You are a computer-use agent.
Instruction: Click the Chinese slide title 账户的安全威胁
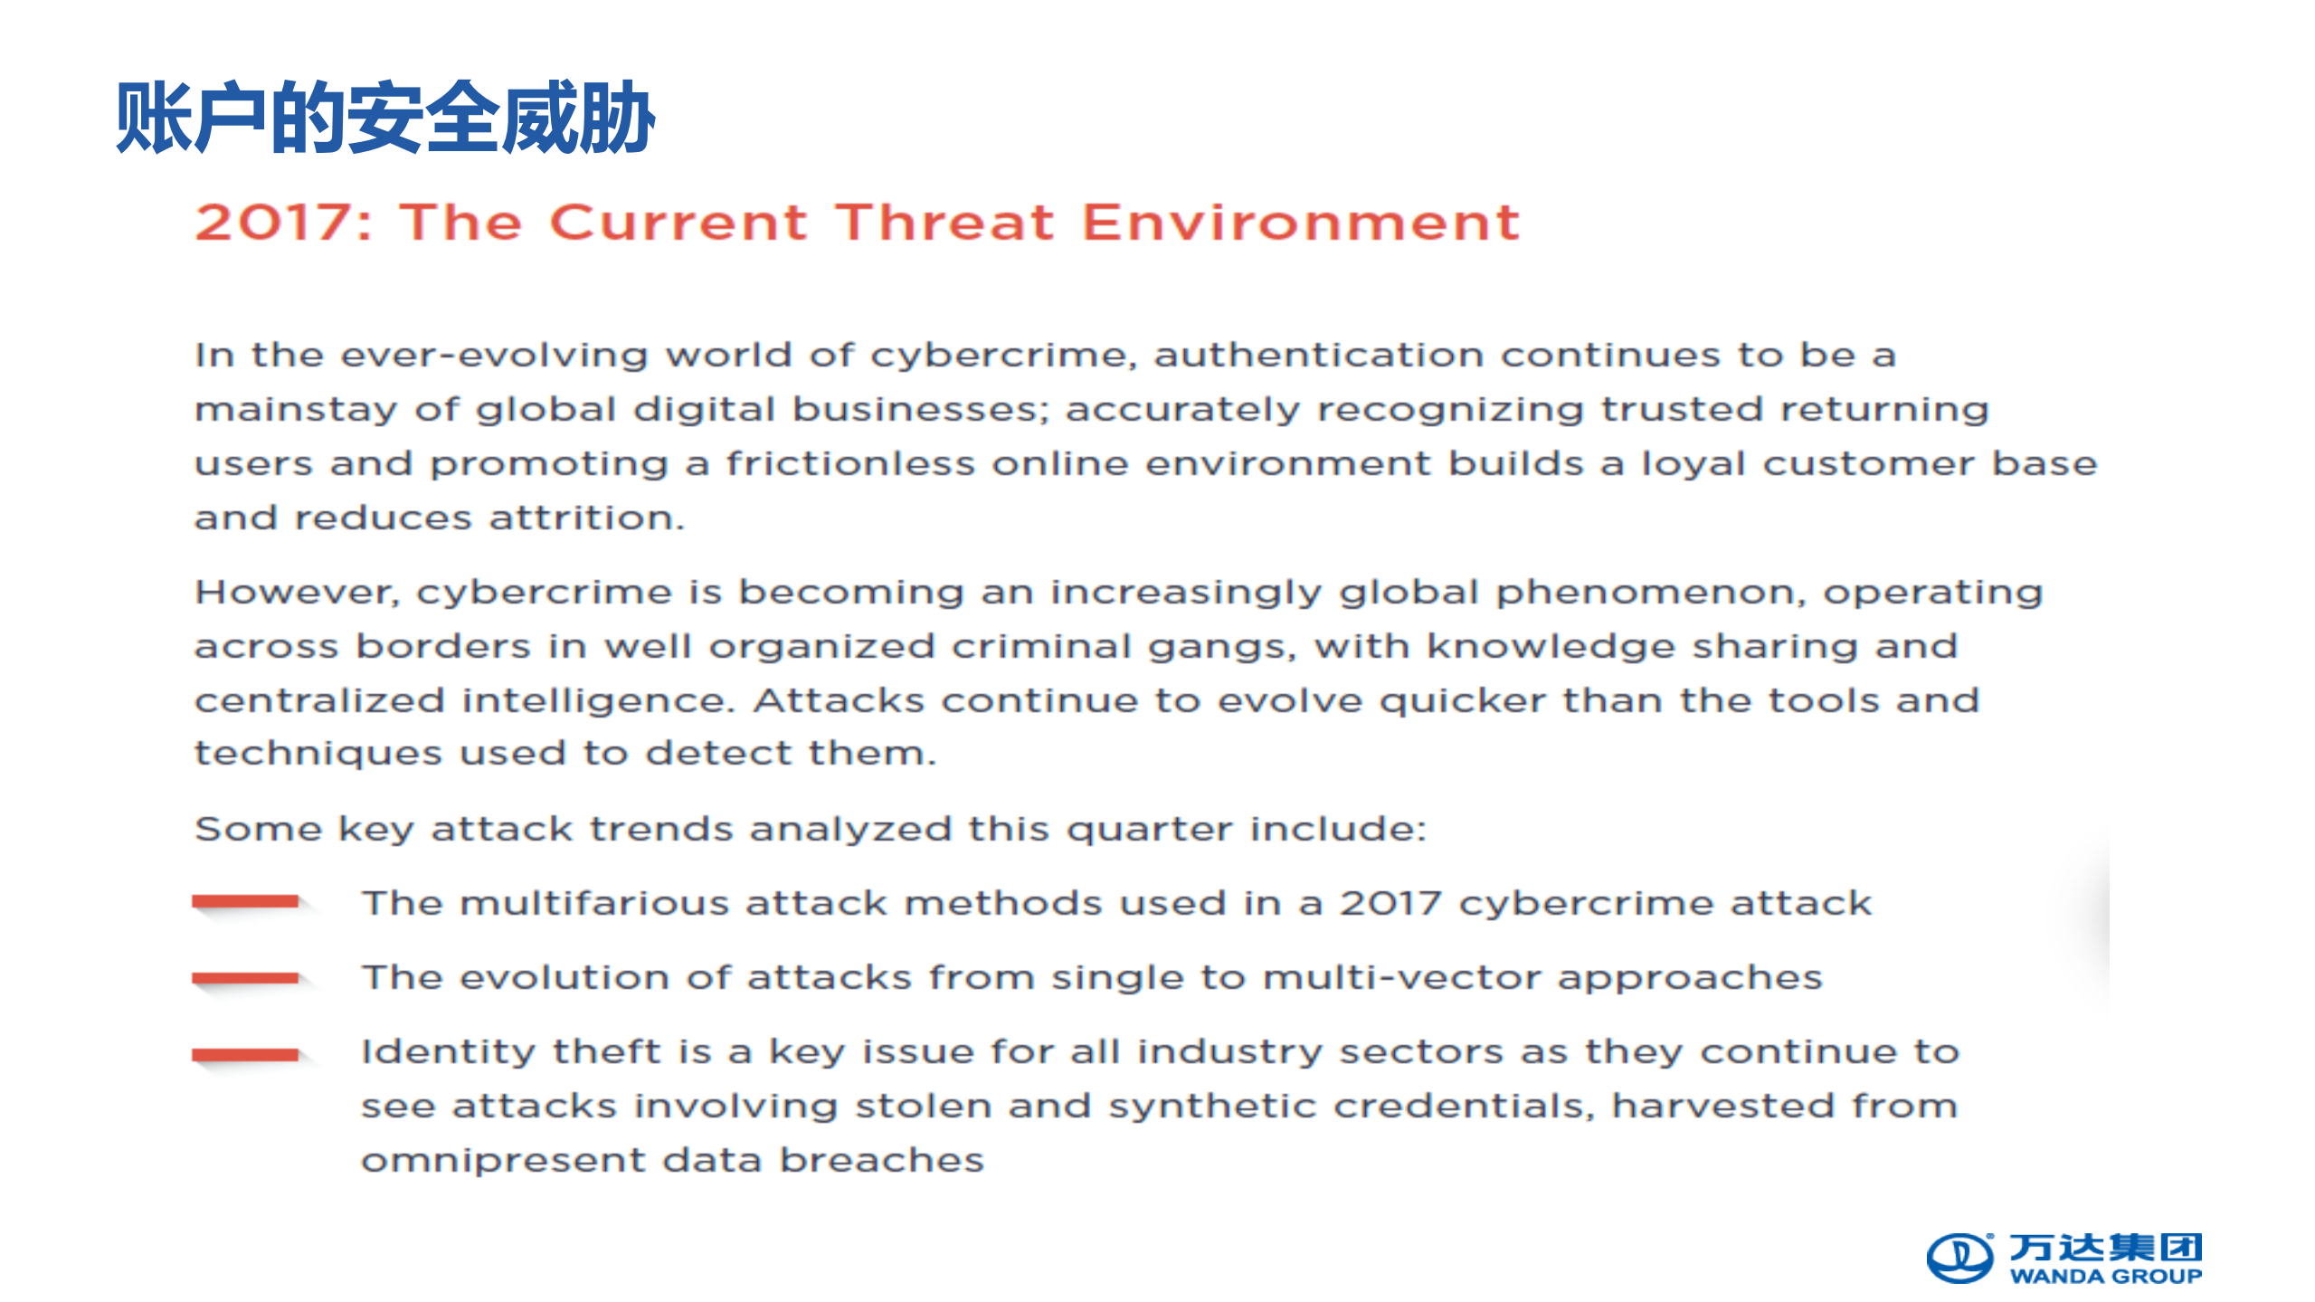(385, 118)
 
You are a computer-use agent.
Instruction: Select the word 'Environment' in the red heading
(1301, 223)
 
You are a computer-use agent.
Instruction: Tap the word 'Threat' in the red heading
(944, 223)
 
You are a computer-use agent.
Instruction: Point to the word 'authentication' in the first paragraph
(1319, 355)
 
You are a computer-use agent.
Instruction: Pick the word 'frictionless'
(850, 463)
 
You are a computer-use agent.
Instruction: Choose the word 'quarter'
(1149, 830)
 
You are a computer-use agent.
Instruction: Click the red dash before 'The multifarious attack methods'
(245, 900)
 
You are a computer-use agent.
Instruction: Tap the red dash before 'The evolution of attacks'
(245, 977)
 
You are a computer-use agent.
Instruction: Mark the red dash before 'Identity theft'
(245, 1054)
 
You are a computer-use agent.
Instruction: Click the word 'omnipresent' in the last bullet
(504, 1161)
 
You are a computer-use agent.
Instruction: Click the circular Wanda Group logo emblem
(1959, 1258)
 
